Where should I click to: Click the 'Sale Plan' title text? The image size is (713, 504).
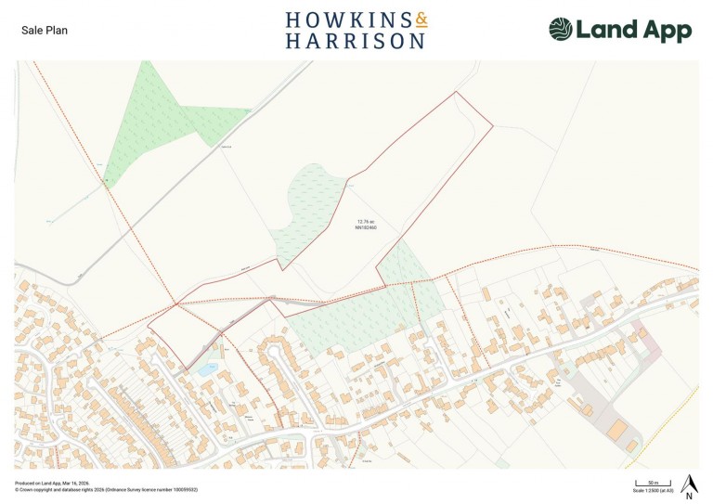pyautogui.click(x=45, y=30)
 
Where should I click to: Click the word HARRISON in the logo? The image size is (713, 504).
pyautogui.click(x=356, y=41)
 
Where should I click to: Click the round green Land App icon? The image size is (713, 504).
pyautogui.click(x=561, y=30)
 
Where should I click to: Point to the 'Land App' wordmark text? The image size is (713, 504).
pyautogui.click(x=634, y=30)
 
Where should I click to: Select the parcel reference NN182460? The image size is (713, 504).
pyautogui.click(x=366, y=227)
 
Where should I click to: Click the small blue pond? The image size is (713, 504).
pyautogui.click(x=206, y=368)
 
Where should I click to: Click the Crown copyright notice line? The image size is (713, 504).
pyautogui.click(x=106, y=490)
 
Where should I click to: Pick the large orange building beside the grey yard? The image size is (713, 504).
pyautogui.click(x=616, y=429)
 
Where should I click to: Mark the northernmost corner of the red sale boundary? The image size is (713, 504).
pyautogui.click(x=455, y=92)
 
